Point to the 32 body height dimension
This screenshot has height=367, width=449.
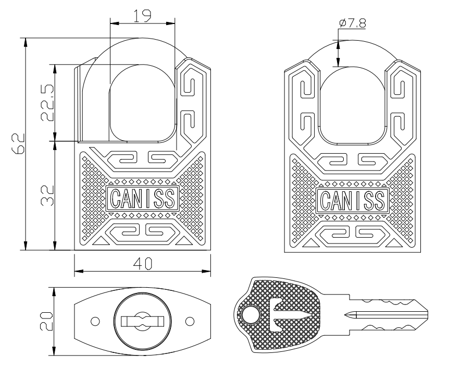tap(46, 195)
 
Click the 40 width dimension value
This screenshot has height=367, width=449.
tap(142, 264)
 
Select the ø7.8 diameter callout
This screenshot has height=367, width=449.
tap(352, 22)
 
